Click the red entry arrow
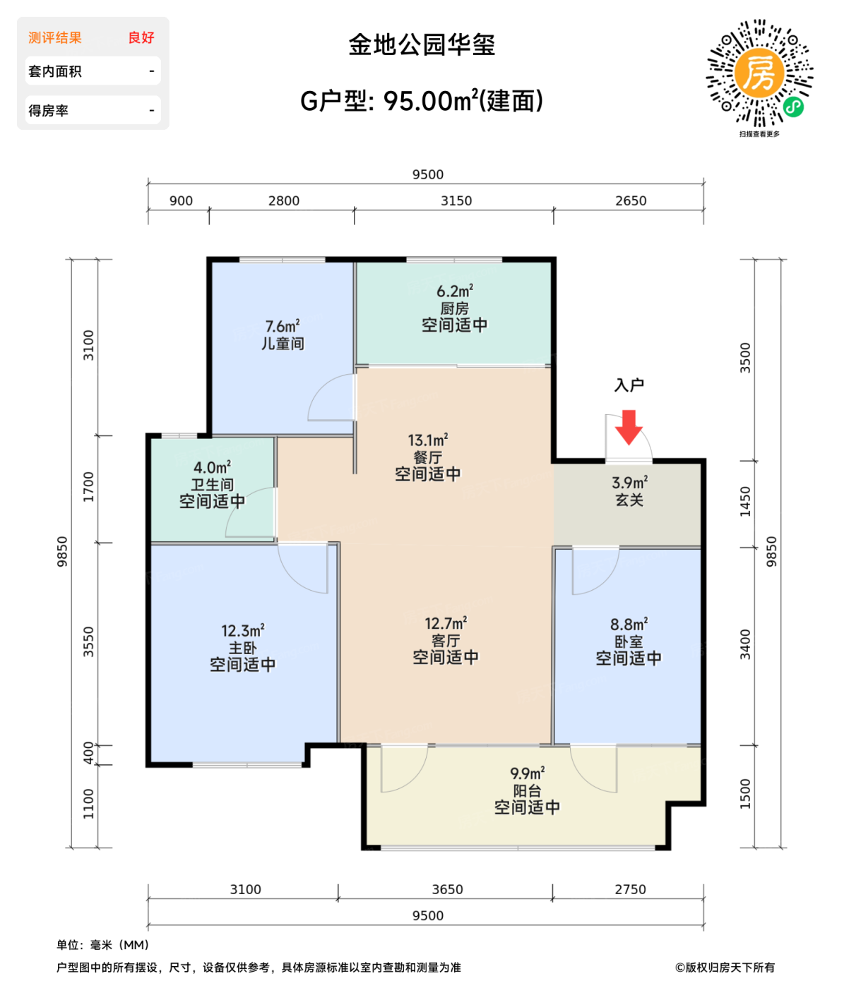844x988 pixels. pos(628,426)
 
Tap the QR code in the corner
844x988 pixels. pos(760,73)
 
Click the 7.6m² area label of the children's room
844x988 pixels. pos(283,327)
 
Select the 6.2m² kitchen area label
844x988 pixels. pos(454,291)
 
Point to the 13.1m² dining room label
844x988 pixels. pos(428,440)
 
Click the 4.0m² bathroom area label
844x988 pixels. pos(212,467)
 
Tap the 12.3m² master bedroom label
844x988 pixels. pos(242,631)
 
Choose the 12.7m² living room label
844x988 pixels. pos(446,624)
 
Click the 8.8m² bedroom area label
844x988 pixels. pos(629,625)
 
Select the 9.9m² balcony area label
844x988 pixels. pos(527,773)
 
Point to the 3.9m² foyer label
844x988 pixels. pos(629,483)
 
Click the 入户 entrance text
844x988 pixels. pos(629,385)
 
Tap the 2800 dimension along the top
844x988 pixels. pos(284,201)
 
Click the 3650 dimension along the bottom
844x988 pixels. pos(448,889)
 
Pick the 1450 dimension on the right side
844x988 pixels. pos(746,502)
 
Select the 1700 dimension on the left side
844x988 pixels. pos(88,487)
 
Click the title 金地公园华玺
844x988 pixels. pos(422,45)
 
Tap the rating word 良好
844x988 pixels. pos(141,37)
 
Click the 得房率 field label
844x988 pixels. pos(49,111)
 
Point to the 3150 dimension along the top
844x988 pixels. pos(456,201)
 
